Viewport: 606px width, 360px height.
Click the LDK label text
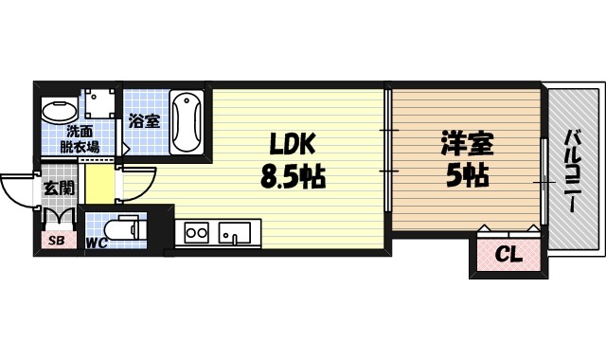(293, 145)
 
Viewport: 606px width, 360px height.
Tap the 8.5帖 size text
(293, 176)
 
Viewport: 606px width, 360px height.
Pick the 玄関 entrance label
(58, 188)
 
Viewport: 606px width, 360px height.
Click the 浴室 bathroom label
(145, 121)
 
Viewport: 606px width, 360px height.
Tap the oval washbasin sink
(58, 112)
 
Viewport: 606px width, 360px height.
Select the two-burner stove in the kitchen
(197, 232)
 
